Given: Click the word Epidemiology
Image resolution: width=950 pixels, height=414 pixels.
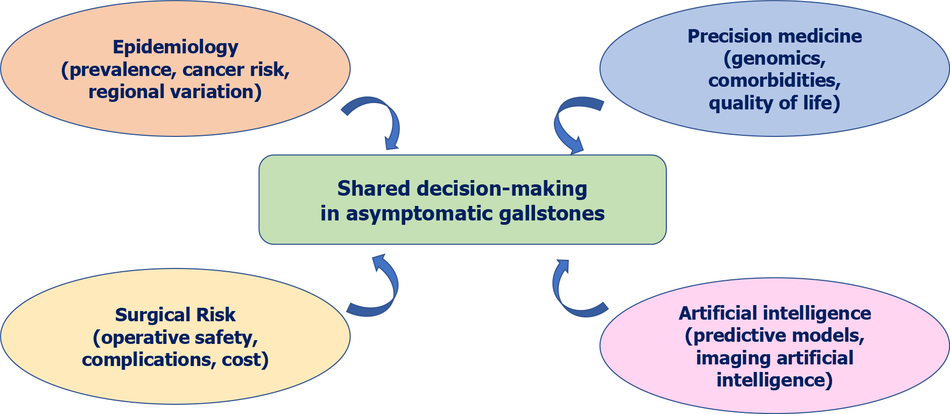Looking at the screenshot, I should pyautogui.click(x=175, y=47).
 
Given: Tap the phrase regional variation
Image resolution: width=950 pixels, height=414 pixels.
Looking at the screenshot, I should pyautogui.click(x=174, y=92).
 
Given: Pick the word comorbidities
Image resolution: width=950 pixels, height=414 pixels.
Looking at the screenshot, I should pyautogui.click(x=774, y=80).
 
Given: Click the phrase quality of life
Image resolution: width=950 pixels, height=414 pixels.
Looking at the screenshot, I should pyautogui.click(x=774, y=102).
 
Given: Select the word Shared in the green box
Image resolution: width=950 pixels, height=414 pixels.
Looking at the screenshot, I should pyautogui.click(x=373, y=189).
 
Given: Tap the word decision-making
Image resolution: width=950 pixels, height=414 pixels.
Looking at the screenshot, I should pyautogui.click(x=502, y=189).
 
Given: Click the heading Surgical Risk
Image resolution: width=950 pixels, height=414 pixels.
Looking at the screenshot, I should pyautogui.click(x=175, y=315).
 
